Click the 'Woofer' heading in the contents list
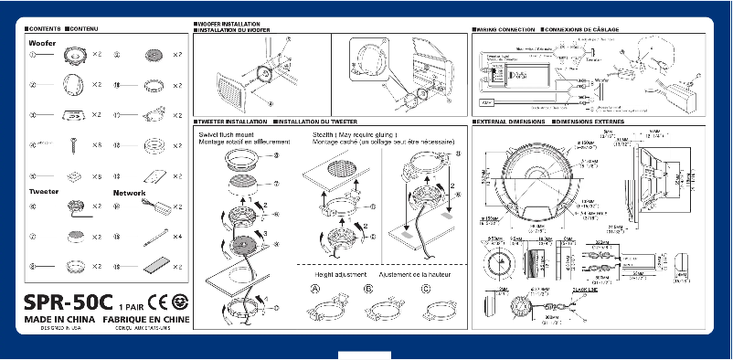(x=42, y=43)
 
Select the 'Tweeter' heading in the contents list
(x=44, y=193)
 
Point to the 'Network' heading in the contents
(x=129, y=193)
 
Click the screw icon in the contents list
(x=73, y=145)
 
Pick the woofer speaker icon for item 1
(x=73, y=56)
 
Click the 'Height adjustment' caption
(x=341, y=274)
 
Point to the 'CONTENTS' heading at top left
(x=42, y=30)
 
